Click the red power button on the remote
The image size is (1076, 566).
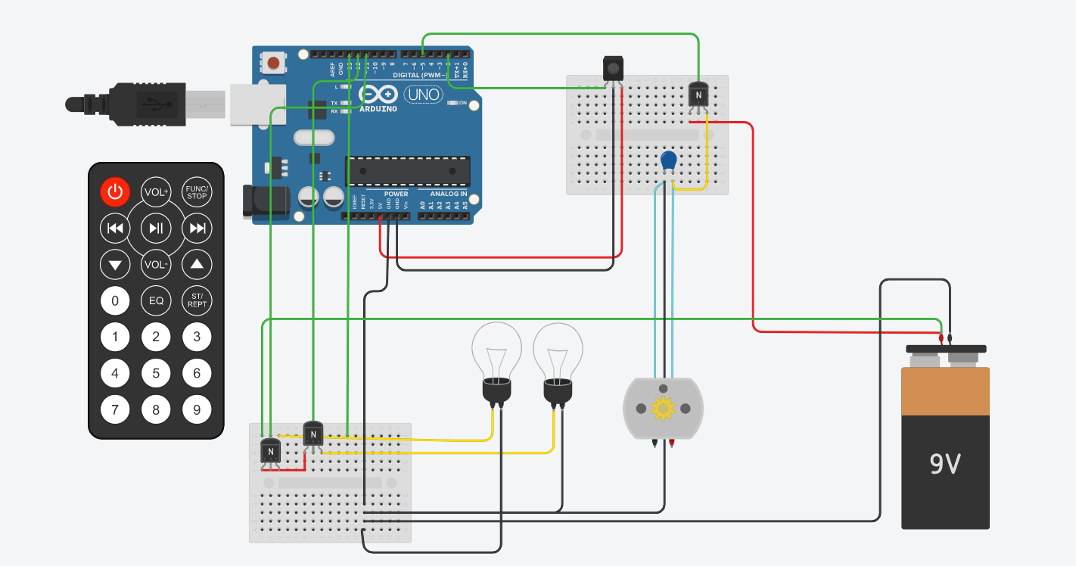pos(115,192)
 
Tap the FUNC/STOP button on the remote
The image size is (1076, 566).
pos(197,192)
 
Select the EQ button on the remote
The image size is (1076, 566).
pos(156,300)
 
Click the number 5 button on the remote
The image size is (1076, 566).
pos(156,373)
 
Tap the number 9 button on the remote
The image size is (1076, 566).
pos(197,410)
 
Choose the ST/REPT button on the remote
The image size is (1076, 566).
pos(197,300)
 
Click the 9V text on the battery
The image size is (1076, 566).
pos(945,463)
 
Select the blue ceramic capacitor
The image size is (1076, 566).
pos(668,160)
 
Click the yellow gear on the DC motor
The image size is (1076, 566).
pos(663,409)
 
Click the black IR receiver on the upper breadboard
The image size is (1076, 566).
pos(613,69)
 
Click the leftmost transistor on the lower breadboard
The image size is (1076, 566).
pos(270,452)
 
